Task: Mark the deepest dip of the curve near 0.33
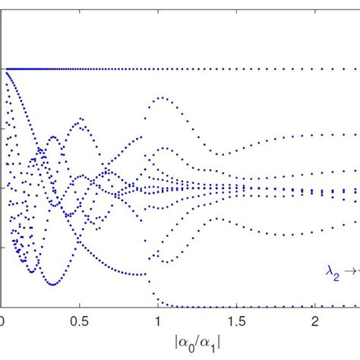tap(52, 284)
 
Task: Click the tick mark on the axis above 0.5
tap(80, 305)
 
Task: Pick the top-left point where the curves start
tap(4, 69)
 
